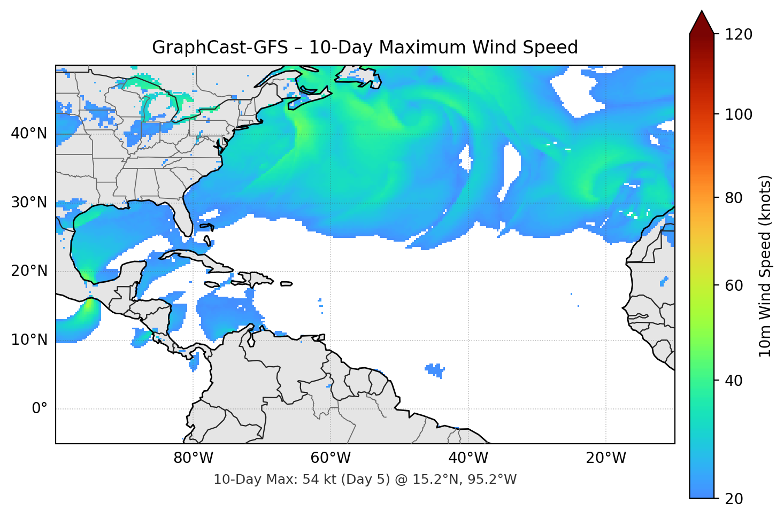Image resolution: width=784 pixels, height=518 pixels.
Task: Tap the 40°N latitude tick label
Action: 29,134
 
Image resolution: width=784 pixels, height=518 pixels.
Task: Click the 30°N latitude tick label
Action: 29,203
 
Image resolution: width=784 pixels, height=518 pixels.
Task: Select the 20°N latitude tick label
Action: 29,271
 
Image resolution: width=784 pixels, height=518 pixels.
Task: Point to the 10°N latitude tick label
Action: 29,340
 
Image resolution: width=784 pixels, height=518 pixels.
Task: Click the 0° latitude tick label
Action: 40,409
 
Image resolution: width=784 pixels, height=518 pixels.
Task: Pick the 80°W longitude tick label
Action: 193,458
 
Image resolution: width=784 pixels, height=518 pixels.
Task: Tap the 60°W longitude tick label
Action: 330,458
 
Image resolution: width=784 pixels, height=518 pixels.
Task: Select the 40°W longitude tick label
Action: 468,458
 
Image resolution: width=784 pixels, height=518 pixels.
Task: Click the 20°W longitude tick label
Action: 605,458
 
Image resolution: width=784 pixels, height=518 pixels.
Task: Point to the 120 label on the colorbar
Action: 739,35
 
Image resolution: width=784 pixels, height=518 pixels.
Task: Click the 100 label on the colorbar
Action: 739,114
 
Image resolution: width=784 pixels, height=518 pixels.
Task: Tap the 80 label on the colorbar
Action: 734,198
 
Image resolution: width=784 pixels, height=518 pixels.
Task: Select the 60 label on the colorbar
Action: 734,285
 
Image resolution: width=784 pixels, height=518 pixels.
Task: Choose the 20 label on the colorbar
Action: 734,499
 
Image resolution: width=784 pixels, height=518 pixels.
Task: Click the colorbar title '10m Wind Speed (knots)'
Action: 765,266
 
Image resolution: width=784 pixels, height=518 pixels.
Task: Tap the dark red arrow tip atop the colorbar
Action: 702,21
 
